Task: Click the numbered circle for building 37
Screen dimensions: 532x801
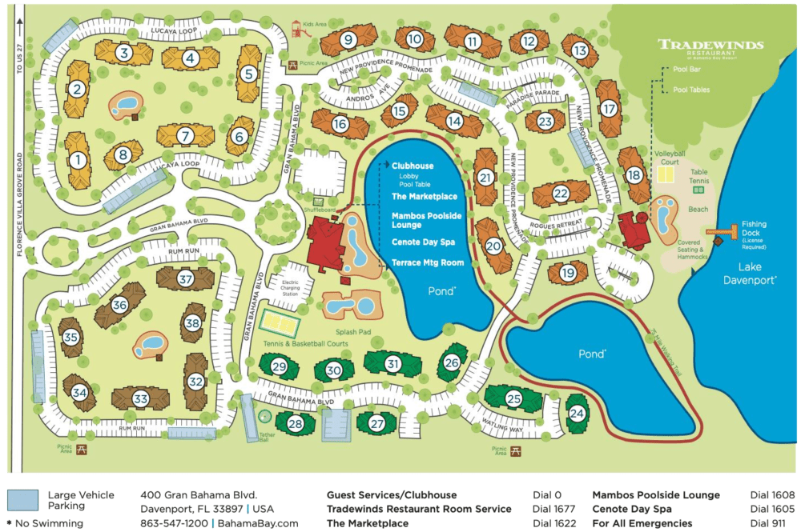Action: point(186,279)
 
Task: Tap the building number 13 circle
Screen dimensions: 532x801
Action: point(580,50)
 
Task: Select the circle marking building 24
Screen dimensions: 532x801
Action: point(577,414)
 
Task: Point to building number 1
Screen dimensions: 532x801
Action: point(78,160)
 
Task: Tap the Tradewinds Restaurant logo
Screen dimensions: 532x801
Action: point(710,47)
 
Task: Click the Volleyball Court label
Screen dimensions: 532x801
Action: point(666,156)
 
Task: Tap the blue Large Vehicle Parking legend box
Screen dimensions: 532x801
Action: point(22,501)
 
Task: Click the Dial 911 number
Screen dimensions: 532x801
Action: point(767,523)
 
